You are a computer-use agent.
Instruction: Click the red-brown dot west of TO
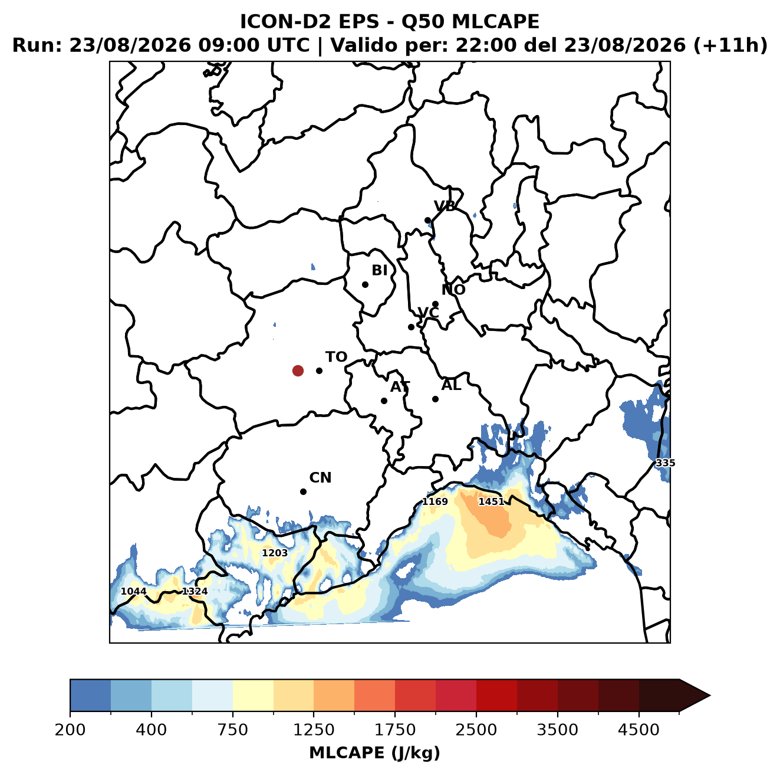tap(298, 370)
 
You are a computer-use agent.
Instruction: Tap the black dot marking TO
tap(319, 370)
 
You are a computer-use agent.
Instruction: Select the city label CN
tap(320, 478)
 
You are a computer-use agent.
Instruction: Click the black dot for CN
tap(303, 491)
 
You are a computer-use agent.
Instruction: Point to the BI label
tap(380, 270)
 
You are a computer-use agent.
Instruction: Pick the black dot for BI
tap(365, 285)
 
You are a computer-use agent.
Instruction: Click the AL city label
tap(452, 385)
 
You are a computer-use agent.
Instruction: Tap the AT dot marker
tap(384, 401)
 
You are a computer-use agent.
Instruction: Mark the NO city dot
tap(435, 304)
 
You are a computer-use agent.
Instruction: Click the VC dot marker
tap(412, 327)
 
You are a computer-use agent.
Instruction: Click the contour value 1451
tap(491, 502)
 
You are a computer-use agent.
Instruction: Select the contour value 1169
tap(435, 502)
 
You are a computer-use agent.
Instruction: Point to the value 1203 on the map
tap(275, 553)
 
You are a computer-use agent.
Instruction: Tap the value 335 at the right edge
tap(666, 463)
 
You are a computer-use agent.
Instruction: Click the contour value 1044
tap(134, 591)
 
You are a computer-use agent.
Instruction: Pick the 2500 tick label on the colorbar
tap(476, 730)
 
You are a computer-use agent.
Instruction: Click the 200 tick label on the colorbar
tap(70, 730)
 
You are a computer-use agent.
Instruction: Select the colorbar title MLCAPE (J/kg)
tap(374, 753)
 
